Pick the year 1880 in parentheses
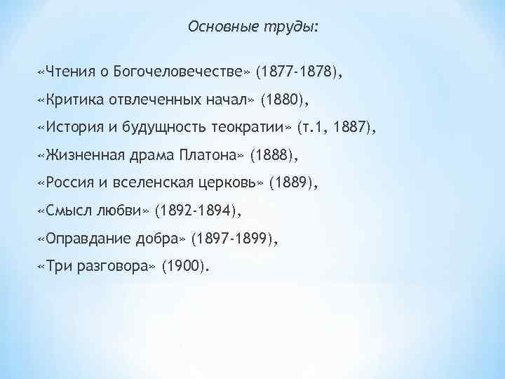pos(283,100)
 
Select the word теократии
pos(253,128)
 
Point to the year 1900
pos(184,267)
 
